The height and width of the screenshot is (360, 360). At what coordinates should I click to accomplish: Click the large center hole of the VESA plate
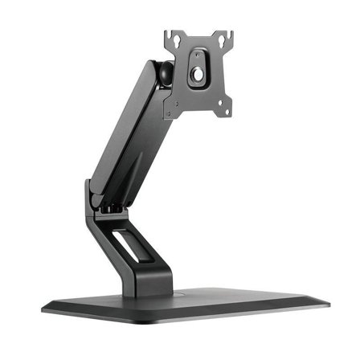198,74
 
